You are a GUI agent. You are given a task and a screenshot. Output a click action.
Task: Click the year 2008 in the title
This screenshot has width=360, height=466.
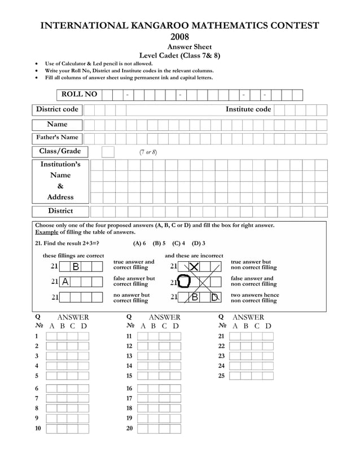(x=179, y=37)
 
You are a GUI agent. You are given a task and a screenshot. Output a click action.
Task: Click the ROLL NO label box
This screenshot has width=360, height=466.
(x=79, y=94)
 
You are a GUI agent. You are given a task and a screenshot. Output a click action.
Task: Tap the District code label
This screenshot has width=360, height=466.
(x=57, y=109)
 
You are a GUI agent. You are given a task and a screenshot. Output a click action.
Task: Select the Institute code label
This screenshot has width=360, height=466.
(x=248, y=109)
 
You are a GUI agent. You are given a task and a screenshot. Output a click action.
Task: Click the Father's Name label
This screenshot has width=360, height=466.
(x=57, y=138)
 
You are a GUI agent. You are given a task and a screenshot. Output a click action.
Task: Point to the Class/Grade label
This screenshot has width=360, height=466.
(x=60, y=151)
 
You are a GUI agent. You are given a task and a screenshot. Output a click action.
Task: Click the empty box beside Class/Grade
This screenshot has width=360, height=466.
(x=108, y=152)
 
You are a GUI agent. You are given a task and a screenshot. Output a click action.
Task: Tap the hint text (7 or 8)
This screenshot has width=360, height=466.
(x=148, y=152)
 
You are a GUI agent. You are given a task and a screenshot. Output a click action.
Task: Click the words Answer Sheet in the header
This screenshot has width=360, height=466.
(x=190, y=47)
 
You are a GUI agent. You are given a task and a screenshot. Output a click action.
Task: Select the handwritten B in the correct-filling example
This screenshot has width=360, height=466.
(x=76, y=267)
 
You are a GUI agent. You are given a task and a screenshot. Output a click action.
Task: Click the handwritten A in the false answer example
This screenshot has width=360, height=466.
(x=65, y=282)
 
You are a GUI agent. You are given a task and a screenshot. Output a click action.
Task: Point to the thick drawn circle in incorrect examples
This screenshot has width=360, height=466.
(x=185, y=282)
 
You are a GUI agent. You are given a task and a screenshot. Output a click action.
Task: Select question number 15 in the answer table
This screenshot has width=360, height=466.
(x=129, y=376)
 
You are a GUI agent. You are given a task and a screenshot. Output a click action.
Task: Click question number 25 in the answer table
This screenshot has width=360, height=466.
(x=221, y=376)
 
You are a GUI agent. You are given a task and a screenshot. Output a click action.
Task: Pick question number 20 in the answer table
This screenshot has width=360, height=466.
(x=129, y=429)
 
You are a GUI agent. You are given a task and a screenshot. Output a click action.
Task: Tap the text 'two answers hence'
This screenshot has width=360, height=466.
(x=255, y=295)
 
